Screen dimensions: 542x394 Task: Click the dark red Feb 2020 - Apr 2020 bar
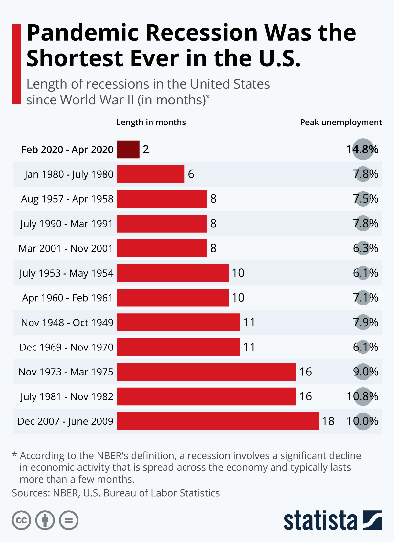click(x=128, y=149)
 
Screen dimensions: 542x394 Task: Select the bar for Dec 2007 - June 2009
click(x=218, y=421)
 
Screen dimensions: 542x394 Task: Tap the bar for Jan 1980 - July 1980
click(x=150, y=174)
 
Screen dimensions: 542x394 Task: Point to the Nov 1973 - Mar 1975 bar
click(x=207, y=372)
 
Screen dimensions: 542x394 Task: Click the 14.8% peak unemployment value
click(x=362, y=149)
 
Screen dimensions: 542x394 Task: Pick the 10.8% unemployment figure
click(x=362, y=396)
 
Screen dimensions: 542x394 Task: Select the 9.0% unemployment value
click(x=365, y=372)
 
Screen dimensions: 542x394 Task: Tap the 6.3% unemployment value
click(x=365, y=248)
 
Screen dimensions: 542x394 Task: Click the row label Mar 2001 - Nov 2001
click(x=66, y=248)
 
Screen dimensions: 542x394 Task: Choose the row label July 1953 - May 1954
click(x=66, y=273)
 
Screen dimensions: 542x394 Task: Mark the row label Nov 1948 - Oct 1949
click(x=67, y=323)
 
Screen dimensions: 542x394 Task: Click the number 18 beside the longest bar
click(x=328, y=421)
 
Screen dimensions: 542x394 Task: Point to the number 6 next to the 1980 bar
click(x=191, y=174)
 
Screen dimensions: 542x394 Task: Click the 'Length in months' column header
click(x=151, y=122)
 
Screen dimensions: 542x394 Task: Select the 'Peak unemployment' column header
click(x=341, y=122)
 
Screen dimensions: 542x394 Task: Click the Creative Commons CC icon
click(x=21, y=520)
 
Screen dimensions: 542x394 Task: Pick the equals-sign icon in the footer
click(x=69, y=520)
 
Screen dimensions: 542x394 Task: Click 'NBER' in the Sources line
click(x=65, y=493)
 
